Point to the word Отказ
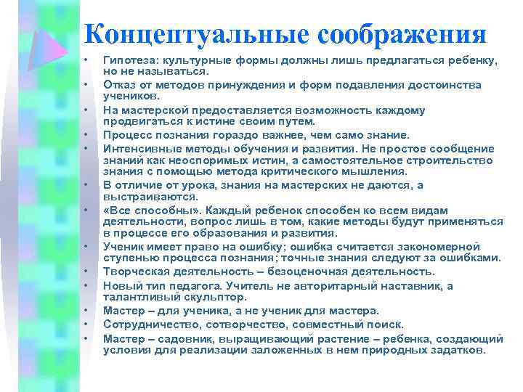pos(119,85)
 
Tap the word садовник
pos(182,338)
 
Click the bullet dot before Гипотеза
pos(86,59)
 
